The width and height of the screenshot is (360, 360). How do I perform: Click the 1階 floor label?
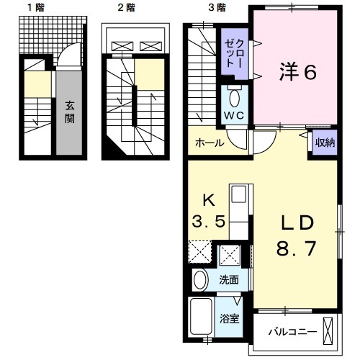(x=34, y=8)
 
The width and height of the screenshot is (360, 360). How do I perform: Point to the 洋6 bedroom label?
(x=297, y=72)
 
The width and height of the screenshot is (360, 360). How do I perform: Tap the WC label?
(x=235, y=114)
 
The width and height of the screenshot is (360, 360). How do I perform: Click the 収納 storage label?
(x=325, y=142)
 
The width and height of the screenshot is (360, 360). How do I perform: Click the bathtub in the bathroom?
(x=201, y=318)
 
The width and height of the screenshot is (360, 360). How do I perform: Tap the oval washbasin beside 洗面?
(x=200, y=281)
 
